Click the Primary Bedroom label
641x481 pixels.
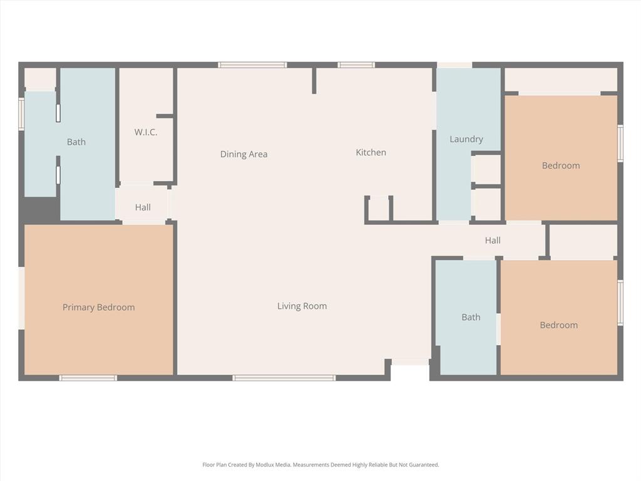98,308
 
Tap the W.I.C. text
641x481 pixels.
145,132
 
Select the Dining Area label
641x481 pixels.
244,154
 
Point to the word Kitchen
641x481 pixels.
371,152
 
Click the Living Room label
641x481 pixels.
302,306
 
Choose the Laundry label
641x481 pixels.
466,139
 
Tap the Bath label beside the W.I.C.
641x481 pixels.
76,142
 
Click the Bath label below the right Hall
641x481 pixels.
471,318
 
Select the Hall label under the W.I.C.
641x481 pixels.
143,207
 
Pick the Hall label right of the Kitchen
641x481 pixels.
493,240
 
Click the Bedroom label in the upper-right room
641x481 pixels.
560,165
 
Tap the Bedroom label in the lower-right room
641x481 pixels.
558,325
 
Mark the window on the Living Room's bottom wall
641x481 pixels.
284,378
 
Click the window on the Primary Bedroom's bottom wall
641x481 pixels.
88,378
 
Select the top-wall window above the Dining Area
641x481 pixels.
252,65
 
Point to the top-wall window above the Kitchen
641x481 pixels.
356,65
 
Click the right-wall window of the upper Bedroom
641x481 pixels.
620,144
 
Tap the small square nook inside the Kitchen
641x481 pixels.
379,209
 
